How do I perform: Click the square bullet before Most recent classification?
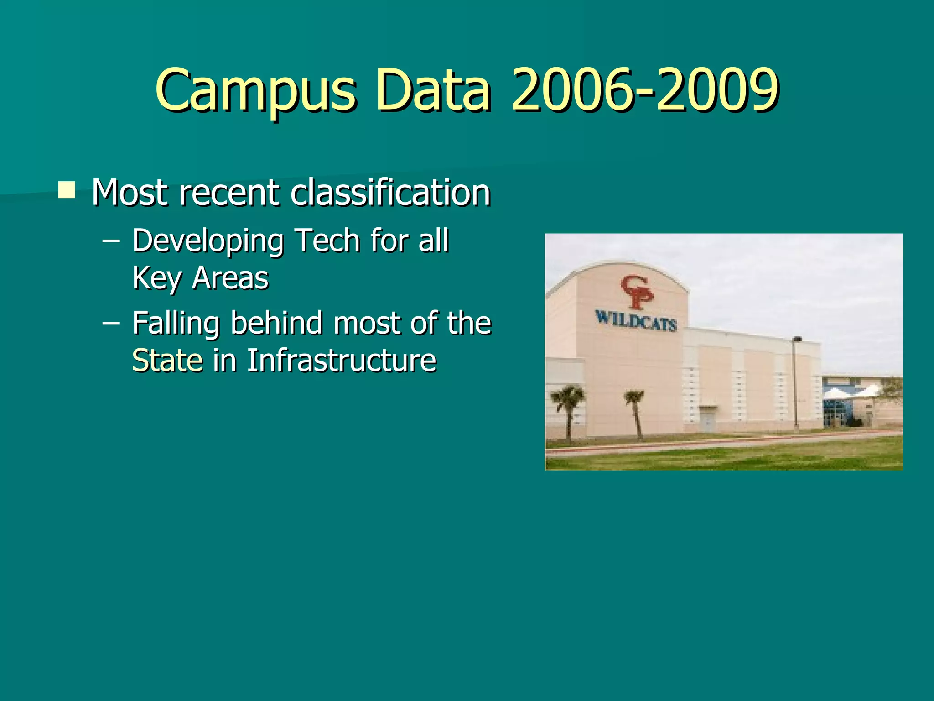coord(67,189)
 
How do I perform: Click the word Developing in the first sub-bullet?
coord(208,241)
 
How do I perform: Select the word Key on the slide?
coord(156,279)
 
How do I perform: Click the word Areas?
coord(230,278)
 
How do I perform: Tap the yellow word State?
coord(167,361)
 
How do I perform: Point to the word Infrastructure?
coord(342,361)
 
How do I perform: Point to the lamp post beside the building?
coord(796,383)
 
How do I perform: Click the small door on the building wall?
coord(707,419)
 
